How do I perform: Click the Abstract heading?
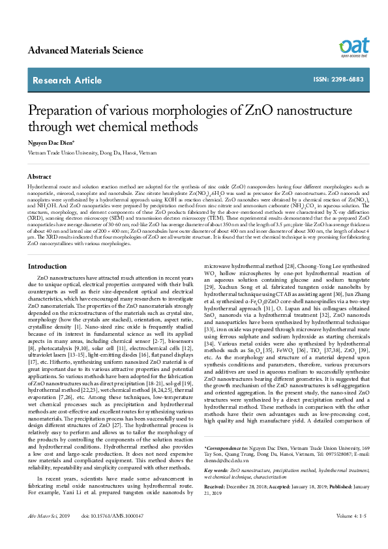click(x=39, y=177)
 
